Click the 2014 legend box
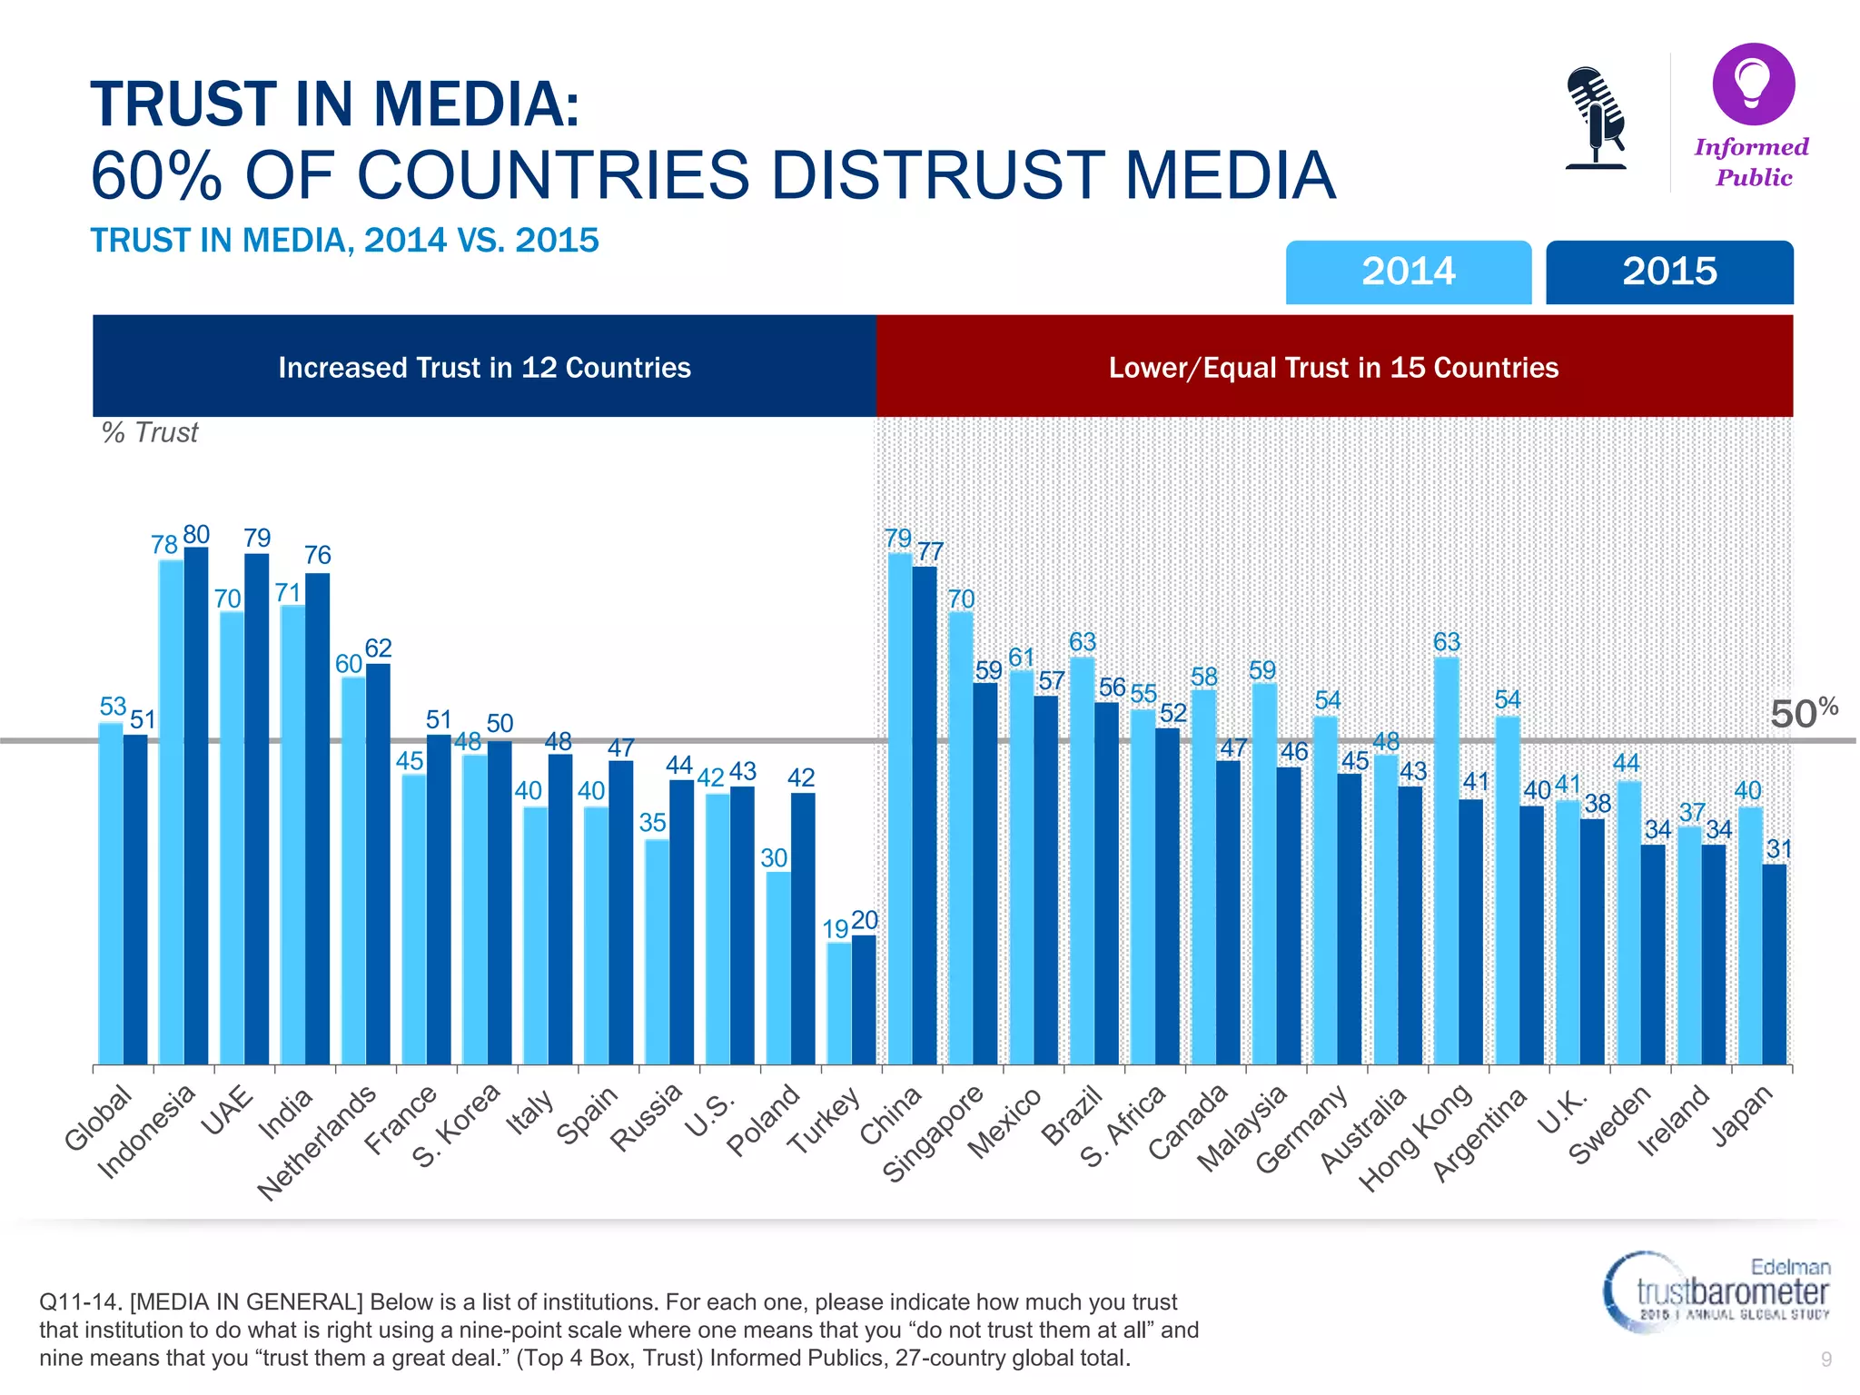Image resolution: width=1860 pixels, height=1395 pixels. [x=1408, y=272]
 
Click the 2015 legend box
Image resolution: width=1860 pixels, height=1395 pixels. [x=1669, y=272]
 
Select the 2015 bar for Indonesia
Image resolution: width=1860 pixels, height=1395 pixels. [x=196, y=805]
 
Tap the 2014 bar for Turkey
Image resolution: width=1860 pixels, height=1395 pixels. [x=838, y=1003]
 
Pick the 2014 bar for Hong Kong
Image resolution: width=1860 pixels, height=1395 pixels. [x=1446, y=860]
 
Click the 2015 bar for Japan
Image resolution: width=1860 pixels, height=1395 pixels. [x=1774, y=964]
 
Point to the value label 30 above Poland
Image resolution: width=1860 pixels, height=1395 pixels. [x=774, y=857]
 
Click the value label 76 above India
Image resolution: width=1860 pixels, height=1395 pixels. [x=317, y=555]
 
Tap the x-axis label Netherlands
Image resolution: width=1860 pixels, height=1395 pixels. [x=317, y=1142]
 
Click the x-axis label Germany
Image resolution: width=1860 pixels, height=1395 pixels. [x=1302, y=1129]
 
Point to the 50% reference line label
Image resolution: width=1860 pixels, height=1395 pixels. [x=1803, y=713]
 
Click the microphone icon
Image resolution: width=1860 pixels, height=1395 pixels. [x=1595, y=118]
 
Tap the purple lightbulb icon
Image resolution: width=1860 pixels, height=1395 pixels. [x=1753, y=84]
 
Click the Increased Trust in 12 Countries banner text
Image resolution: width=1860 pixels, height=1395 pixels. [x=484, y=367]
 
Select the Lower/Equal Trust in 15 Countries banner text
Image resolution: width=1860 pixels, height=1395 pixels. [x=1333, y=367]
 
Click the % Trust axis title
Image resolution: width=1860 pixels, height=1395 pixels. [x=150, y=432]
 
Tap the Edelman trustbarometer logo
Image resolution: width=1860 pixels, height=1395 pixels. [x=1717, y=1290]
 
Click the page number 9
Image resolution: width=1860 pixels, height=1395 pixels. [x=1826, y=1359]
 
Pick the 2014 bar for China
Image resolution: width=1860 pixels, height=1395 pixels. [x=899, y=808]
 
